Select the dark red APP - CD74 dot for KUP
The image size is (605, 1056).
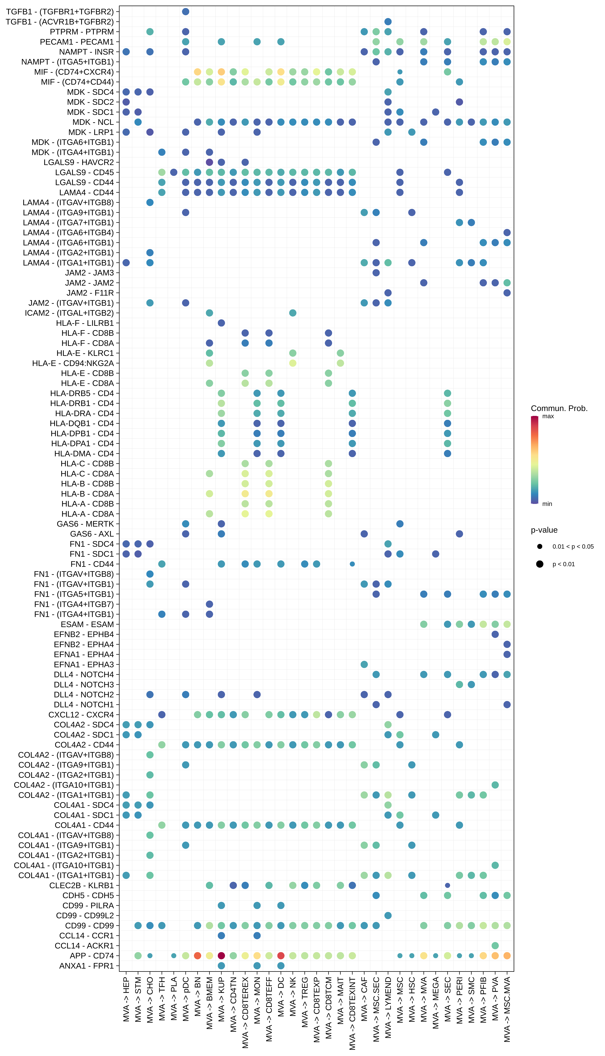pos(221,955)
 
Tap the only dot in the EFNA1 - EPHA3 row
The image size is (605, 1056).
pos(364,664)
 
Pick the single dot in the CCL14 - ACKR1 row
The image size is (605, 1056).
pos(495,945)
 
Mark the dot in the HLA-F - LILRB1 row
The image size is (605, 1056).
pos(221,323)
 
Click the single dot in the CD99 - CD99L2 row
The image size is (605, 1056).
pos(388,915)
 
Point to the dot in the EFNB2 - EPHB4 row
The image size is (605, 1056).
pos(495,634)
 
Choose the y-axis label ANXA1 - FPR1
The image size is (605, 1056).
pos(86,965)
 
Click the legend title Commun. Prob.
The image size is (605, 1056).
pos(559,408)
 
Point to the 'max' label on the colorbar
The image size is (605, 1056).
pos(548,416)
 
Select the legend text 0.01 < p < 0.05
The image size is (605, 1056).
pos(573,547)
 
